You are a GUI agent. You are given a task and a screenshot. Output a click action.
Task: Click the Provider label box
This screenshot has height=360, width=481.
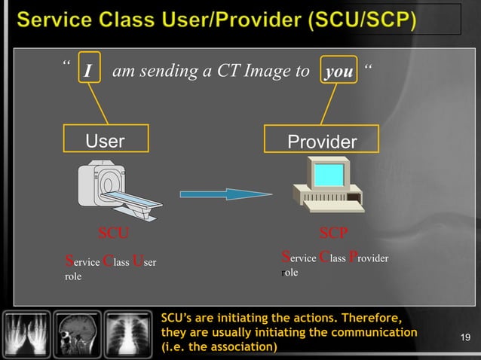[x=322, y=141]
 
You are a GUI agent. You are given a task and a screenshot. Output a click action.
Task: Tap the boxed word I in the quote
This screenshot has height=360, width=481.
[x=88, y=72]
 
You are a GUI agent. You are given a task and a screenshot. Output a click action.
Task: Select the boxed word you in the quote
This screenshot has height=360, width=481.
[x=338, y=72]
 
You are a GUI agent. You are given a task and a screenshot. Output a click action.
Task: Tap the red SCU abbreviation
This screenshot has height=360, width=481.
[x=115, y=231]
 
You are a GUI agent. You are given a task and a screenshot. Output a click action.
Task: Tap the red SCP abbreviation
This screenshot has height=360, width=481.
[x=332, y=231]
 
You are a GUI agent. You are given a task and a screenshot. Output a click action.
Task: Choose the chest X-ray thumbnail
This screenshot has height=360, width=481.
[x=128, y=331]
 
